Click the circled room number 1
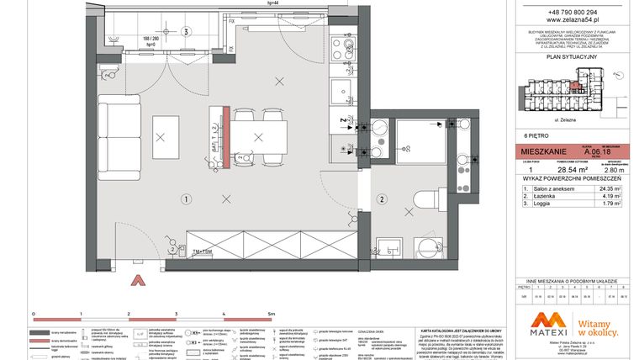click(x=186, y=199)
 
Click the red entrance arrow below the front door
click(x=138, y=282)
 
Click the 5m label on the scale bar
click(x=270, y=313)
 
